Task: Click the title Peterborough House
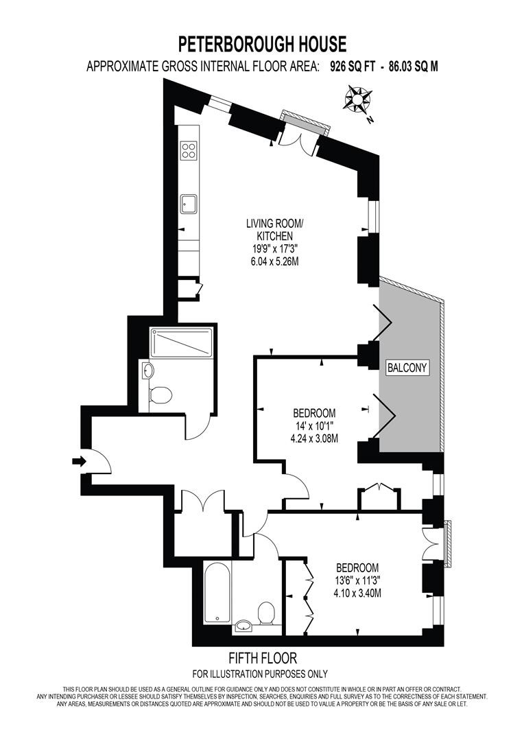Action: [262, 45]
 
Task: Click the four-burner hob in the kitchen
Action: [189, 150]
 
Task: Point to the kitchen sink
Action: [189, 204]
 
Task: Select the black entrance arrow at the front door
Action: [79, 462]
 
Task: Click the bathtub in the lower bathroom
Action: [217, 593]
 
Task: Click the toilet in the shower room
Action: [161, 395]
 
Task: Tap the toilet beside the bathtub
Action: [266, 612]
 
